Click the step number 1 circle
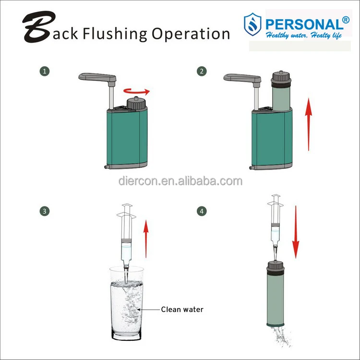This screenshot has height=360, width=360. click(x=45, y=71)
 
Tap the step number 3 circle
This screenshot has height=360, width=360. click(x=45, y=211)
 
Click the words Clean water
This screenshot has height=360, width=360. click(x=182, y=309)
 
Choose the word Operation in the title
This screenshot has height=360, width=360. click(x=191, y=34)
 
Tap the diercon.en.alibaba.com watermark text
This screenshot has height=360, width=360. click(x=180, y=181)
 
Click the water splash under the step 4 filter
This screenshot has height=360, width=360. click(x=280, y=336)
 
